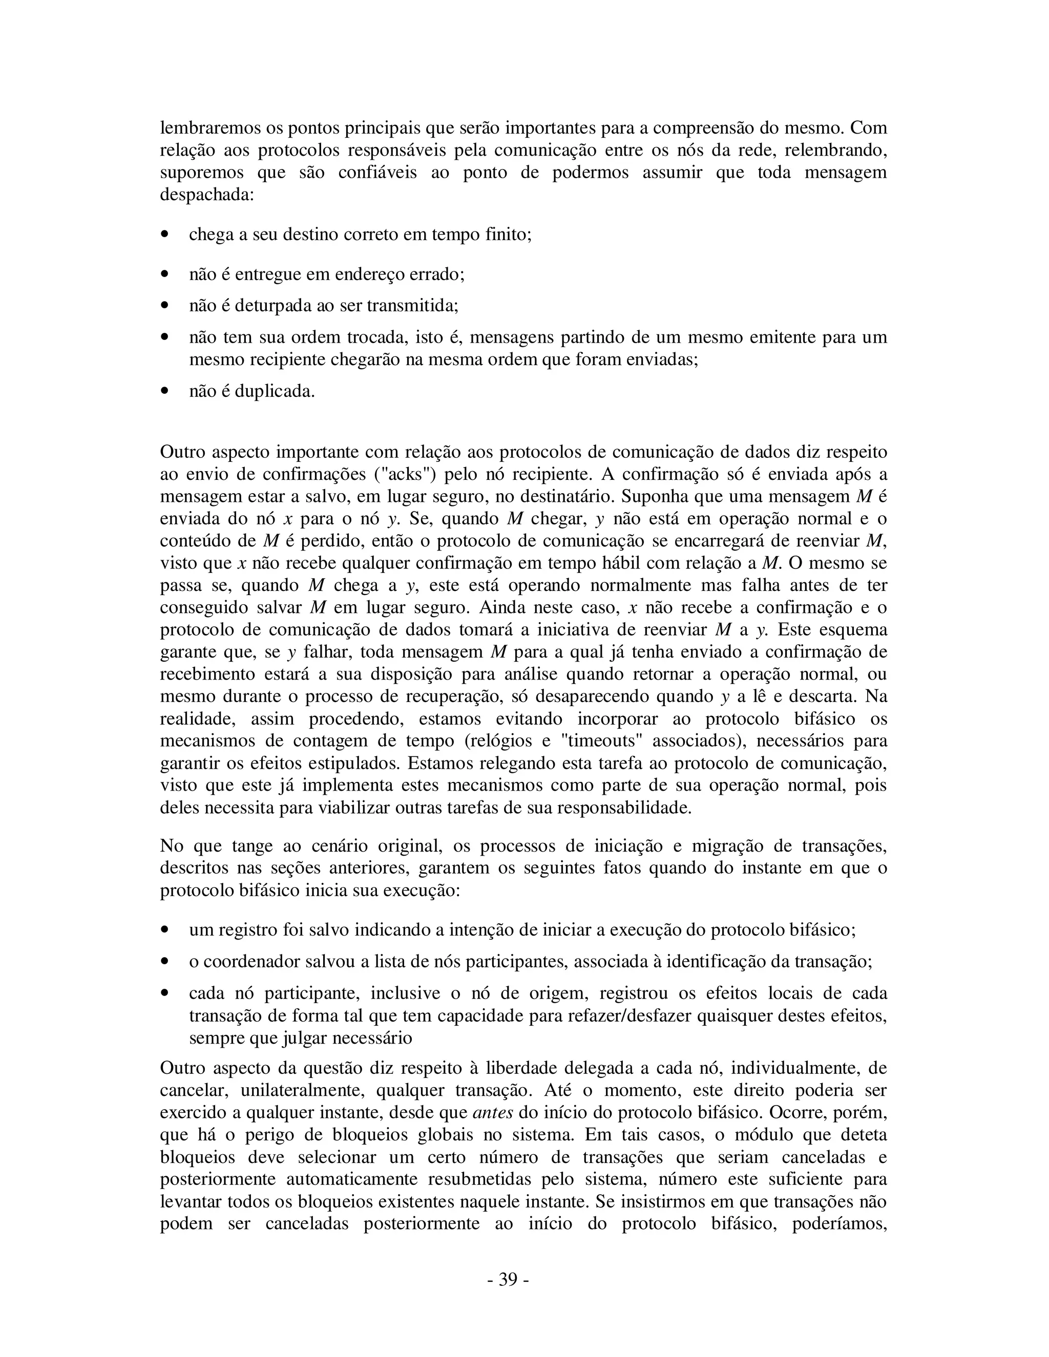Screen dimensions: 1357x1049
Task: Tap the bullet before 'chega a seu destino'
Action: [165, 235]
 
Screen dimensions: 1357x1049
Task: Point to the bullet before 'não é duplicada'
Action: [165, 391]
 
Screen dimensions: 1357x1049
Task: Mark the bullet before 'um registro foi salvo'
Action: [165, 930]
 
